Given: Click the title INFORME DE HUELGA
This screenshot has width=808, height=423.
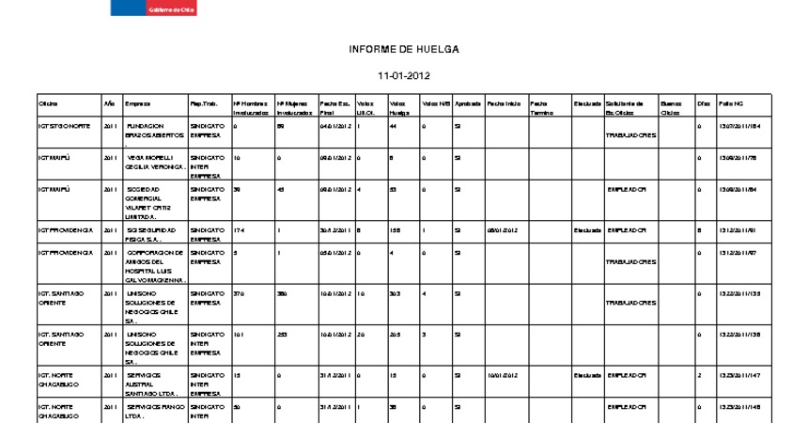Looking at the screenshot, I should click(403, 48).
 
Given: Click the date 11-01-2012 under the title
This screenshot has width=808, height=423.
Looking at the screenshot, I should click(403, 75).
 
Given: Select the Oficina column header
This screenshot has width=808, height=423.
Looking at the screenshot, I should click(48, 102).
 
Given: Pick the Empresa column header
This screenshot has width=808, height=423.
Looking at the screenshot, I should click(137, 102).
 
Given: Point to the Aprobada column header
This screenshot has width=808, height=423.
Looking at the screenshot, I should click(468, 102).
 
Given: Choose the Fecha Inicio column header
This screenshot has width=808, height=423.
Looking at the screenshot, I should click(504, 102).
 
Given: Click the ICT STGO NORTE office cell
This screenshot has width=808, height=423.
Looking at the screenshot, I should click(65, 125).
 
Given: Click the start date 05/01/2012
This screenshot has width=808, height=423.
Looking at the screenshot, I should click(501, 229).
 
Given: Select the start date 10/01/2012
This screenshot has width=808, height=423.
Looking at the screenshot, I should click(501, 374).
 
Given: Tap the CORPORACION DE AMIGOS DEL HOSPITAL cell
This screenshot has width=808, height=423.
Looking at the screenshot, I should click(155, 266).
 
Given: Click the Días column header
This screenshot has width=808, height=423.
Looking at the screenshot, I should click(703, 102).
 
